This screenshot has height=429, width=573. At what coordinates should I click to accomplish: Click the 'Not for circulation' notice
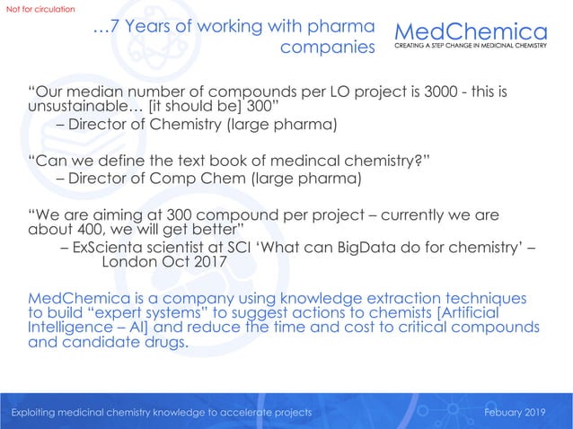coord(41,9)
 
